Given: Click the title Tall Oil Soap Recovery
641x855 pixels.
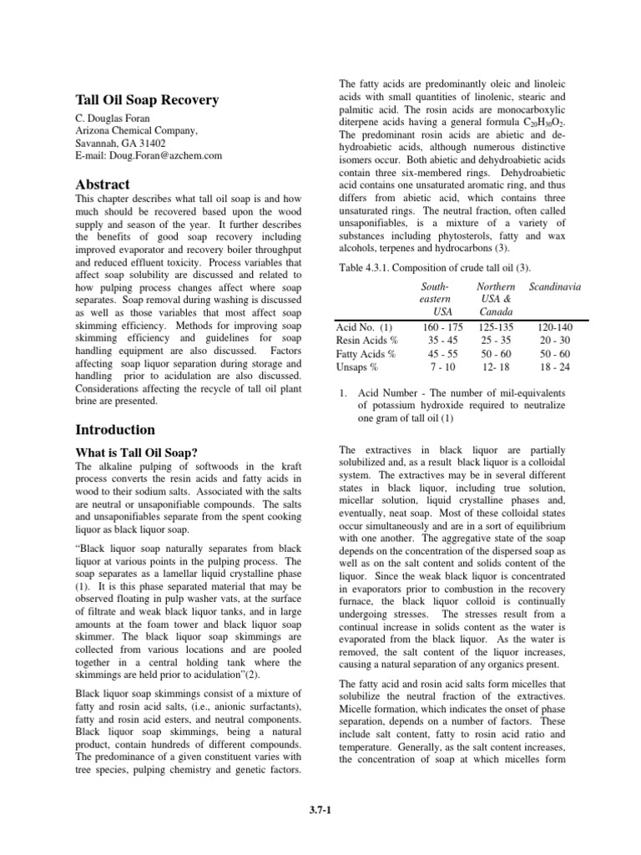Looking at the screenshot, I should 147,100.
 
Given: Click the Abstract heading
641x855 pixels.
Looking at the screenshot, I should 103,185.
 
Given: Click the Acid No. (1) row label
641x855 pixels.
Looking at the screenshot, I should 364,326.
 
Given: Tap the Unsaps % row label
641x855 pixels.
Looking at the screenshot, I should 357,367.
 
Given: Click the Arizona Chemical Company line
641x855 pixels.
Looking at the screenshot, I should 137,130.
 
